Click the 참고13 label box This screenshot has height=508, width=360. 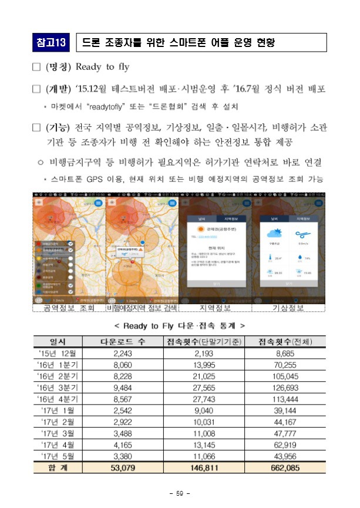point(51,43)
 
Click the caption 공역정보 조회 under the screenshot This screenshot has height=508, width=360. point(69,307)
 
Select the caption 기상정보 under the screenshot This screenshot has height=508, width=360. point(289,307)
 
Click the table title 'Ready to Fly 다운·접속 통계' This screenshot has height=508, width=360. point(180,325)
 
